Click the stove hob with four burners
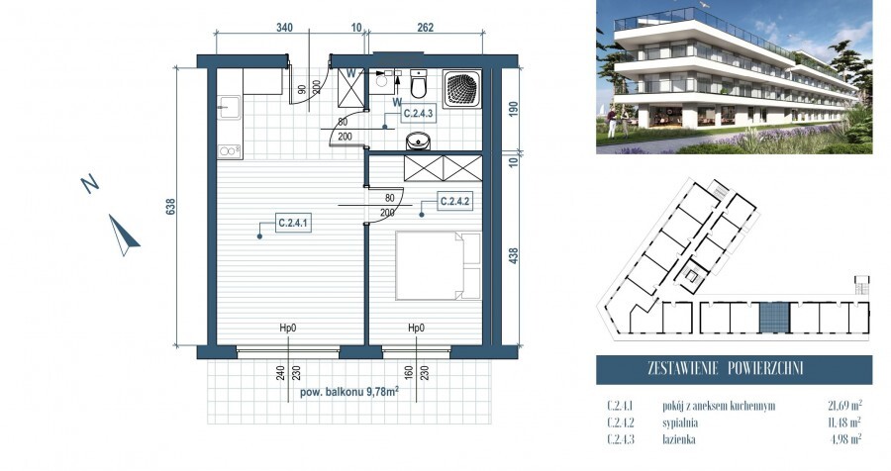[229, 150]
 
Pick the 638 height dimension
[170, 207]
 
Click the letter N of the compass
[89, 183]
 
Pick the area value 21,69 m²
[841, 405]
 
